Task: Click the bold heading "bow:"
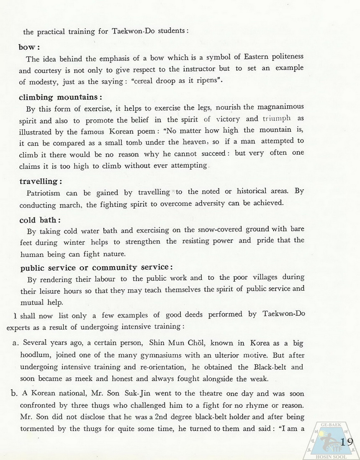tap(29, 47)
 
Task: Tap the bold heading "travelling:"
tap(41, 181)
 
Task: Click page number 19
tap(347, 442)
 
